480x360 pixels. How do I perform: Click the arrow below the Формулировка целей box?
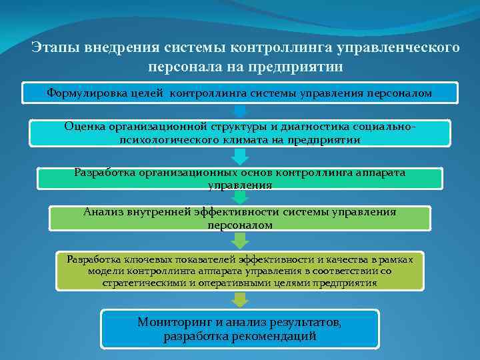[x=241, y=111]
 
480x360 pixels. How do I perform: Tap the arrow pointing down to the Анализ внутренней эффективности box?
[x=240, y=197]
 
